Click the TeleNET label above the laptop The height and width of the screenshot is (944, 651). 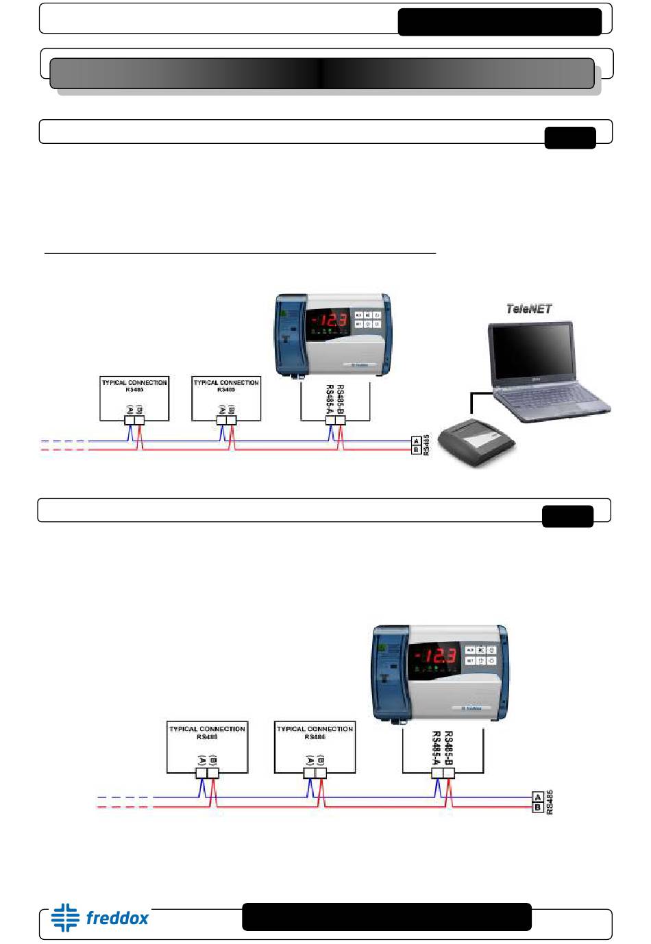528,309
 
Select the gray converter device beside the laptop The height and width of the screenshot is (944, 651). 476,443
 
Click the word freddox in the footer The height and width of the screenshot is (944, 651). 117,918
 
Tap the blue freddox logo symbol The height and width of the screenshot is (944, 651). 65,917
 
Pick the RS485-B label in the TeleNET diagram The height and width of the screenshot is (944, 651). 341,399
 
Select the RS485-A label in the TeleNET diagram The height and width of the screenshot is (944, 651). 330,399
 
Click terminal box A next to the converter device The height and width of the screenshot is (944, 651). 416,442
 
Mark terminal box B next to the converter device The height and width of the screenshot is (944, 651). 416,450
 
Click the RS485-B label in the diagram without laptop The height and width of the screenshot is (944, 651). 448,748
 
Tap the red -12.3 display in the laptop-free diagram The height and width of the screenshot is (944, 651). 433,656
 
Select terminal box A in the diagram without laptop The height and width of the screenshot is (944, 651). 538,797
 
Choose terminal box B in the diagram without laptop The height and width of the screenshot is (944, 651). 538,807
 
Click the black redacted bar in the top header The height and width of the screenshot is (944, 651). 500,22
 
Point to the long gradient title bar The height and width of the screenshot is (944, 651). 321,73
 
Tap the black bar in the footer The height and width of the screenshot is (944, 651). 386,917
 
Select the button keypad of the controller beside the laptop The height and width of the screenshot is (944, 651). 367,320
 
